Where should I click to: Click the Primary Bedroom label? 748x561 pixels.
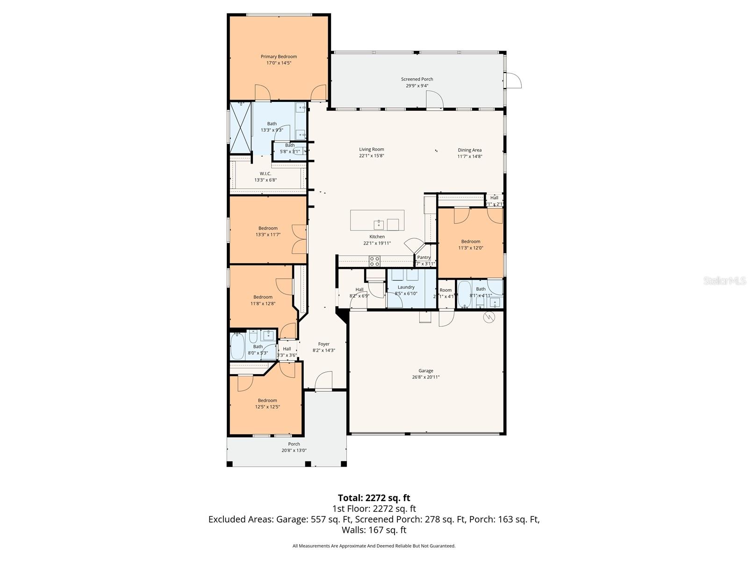pyautogui.click(x=279, y=57)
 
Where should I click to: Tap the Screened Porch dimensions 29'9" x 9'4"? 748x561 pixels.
pyautogui.click(x=417, y=86)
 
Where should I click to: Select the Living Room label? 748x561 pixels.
pyautogui.click(x=372, y=150)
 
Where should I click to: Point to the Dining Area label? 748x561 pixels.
pyautogui.click(x=469, y=150)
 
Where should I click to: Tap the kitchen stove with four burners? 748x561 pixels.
pyautogui.click(x=375, y=261)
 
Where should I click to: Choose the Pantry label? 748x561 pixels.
pyautogui.click(x=424, y=258)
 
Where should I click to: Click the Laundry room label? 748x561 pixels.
pyautogui.click(x=406, y=287)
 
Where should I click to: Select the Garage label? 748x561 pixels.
pyautogui.click(x=425, y=371)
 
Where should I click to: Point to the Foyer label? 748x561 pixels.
pyautogui.click(x=324, y=344)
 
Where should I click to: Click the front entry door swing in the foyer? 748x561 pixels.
pyautogui.click(x=324, y=381)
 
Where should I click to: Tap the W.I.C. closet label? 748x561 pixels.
pyautogui.click(x=266, y=173)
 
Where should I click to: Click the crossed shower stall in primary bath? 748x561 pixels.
pyautogui.click(x=240, y=128)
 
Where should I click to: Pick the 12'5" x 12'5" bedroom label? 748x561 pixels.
pyautogui.click(x=267, y=400)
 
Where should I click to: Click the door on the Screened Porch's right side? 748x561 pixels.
pyautogui.click(x=514, y=80)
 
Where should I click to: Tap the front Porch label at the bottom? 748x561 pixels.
pyautogui.click(x=294, y=444)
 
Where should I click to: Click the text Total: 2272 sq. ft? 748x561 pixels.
pyautogui.click(x=374, y=498)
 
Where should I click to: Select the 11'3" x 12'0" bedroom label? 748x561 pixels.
pyautogui.click(x=470, y=242)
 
